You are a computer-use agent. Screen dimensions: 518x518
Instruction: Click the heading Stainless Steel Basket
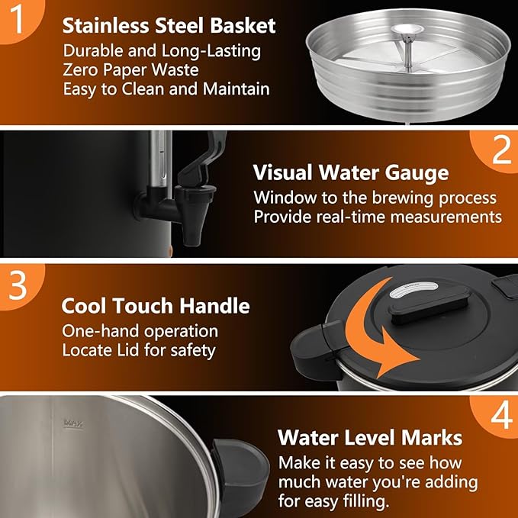169,25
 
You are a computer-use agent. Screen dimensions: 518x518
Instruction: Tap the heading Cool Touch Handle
156,307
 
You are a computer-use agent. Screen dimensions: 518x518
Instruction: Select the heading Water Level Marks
370,438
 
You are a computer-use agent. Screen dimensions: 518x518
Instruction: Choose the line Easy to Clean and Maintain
166,89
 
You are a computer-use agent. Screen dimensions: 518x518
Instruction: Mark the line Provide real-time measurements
378,217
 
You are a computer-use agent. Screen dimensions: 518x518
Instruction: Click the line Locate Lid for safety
138,350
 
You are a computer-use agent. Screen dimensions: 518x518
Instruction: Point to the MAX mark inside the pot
73,421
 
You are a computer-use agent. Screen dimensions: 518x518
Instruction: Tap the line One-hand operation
140,331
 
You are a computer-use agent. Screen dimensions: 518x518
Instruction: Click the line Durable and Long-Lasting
162,52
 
